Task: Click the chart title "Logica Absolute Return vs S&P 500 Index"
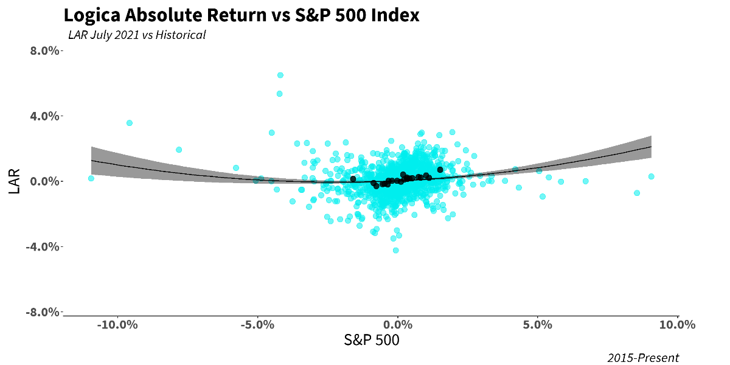point(241,15)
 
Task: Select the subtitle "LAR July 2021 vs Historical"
point(137,35)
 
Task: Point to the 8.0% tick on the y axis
point(45,50)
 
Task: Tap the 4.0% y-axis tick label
point(45,116)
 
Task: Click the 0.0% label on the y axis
point(45,181)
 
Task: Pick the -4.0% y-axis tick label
point(44,247)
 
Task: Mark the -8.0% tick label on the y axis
point(44,312)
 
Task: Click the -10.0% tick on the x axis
point(118,325)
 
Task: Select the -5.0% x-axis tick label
point(257,325)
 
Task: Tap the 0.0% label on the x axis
point(398,325)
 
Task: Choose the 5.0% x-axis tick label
point(538,325)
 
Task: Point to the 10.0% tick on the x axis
point(677,325)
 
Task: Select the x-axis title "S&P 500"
point(372,341)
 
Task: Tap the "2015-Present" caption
point(643,358)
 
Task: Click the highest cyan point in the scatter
point(280,75)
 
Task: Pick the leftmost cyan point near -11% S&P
point(91,178)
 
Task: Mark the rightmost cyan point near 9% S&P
point(651,176)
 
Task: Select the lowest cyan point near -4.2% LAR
point(395,250)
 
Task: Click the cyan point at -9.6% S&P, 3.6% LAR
point(130,123)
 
